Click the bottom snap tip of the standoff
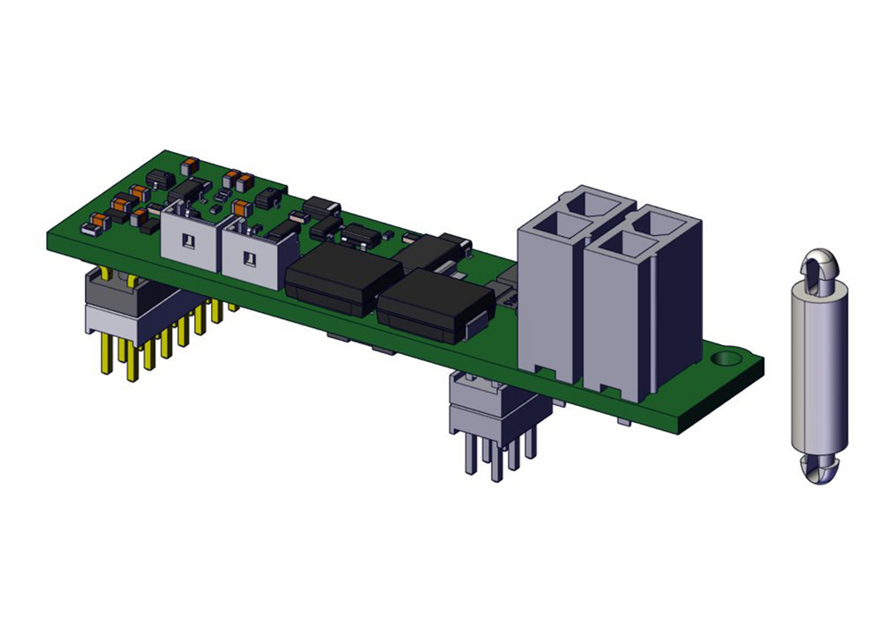(x=817, y=471)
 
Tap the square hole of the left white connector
(x=190, y=241)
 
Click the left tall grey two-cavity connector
(x=552, y=295)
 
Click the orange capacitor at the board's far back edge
(x=189, y=165)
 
